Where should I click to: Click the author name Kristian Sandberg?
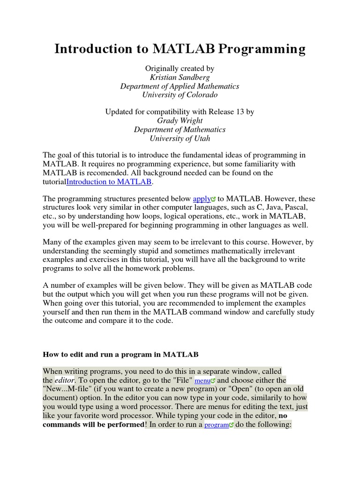180,77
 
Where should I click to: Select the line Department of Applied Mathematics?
180,86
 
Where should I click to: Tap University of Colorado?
180,95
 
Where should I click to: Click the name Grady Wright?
180,121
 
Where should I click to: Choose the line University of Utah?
180,138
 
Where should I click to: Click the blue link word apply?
202,199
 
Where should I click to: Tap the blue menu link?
202,381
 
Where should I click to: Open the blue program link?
216,425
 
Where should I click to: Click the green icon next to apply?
213,199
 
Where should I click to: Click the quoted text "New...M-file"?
70,389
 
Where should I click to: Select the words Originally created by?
180,68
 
